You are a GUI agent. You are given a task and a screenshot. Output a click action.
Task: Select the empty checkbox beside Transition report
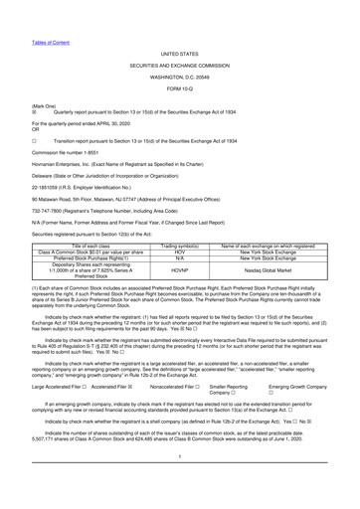(8, 114)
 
